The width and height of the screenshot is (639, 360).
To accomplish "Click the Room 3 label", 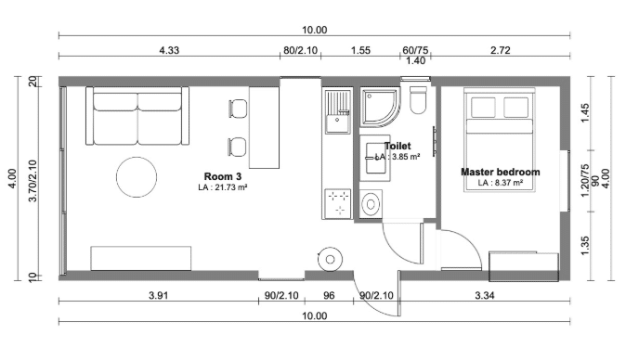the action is [x=223, y=176].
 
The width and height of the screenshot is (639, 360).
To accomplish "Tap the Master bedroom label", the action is [x=501, y=172].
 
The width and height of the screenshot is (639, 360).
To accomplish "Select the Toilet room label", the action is [x=398, y=146].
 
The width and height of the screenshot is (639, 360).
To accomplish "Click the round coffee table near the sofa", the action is [x=137, y=177].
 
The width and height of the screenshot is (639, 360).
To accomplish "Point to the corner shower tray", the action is [x=379, y=108].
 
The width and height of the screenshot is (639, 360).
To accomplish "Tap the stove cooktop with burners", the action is [x=337, y=203].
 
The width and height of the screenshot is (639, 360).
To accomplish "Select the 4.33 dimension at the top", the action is [x=169, y=50].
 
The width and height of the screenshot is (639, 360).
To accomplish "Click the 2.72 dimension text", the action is [x=501, y=50].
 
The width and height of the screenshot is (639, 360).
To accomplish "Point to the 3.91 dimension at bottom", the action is [x=158, y=295].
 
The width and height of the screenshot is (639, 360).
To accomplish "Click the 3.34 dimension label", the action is [x=485, y=295].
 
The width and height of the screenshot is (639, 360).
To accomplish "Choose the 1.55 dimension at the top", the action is [x=360, y=50].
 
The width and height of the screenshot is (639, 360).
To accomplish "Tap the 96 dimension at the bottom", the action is [x=329, y=295].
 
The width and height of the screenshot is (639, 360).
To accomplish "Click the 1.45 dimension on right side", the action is [x=585, y=113].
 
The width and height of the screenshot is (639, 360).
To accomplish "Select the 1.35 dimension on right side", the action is [x=585, y=246].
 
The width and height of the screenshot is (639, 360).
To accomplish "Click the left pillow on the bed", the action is [x=483, y=108].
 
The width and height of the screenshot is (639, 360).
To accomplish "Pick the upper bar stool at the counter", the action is [x=238, y=109].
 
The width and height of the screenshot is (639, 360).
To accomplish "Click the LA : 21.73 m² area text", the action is [x=223, y=187].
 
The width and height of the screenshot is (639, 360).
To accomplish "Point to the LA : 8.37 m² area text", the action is [x=501, y=183].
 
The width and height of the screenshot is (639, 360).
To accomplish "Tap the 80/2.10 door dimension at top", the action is [x=300, y=50].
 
